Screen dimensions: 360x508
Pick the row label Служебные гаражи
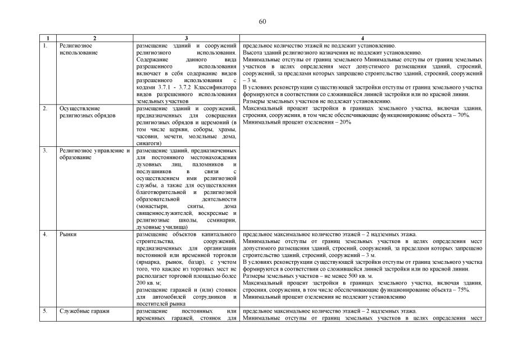80,311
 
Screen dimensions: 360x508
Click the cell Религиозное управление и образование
94,154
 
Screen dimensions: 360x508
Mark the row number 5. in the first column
45,311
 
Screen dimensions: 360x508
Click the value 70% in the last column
462,115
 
